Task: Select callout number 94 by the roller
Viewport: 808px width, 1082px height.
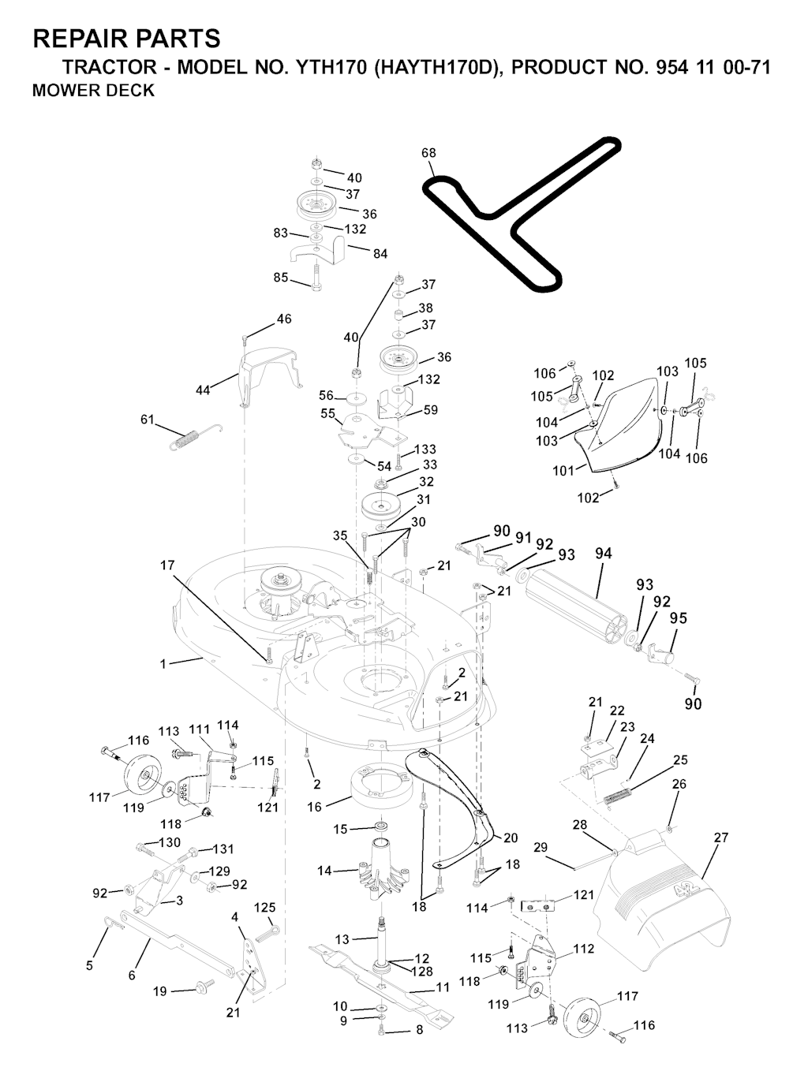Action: [x=603, y=554]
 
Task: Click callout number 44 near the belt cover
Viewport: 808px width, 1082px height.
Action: [x=203, y=390]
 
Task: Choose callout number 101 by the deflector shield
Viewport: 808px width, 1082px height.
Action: [x=563, y=472]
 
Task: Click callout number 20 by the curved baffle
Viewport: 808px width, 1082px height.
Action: [x=511, y=838]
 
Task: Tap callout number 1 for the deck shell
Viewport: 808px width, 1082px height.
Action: [x=163, y=664]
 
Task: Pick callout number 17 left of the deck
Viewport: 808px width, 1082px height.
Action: [x=167, y=565]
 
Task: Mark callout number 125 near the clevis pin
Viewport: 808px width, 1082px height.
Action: [x=264, y=909]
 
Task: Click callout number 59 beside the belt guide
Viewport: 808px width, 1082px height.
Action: [x=430, y=410]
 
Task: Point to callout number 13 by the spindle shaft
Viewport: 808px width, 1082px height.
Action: [x=342, y=939]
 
